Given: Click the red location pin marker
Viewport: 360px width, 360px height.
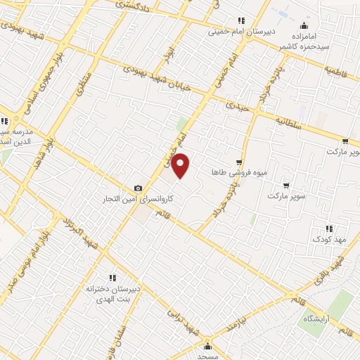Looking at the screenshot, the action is pyautogui.click(x=181, y=165).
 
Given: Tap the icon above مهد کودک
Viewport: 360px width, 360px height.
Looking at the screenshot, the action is pyautogui.click(x=328, y=229).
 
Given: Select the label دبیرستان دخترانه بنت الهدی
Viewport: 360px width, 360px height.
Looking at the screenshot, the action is pyautogui.click(x=112, y=293).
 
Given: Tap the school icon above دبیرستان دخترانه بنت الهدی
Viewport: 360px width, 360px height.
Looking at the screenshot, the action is pyautogui.click(x=112, y=277).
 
